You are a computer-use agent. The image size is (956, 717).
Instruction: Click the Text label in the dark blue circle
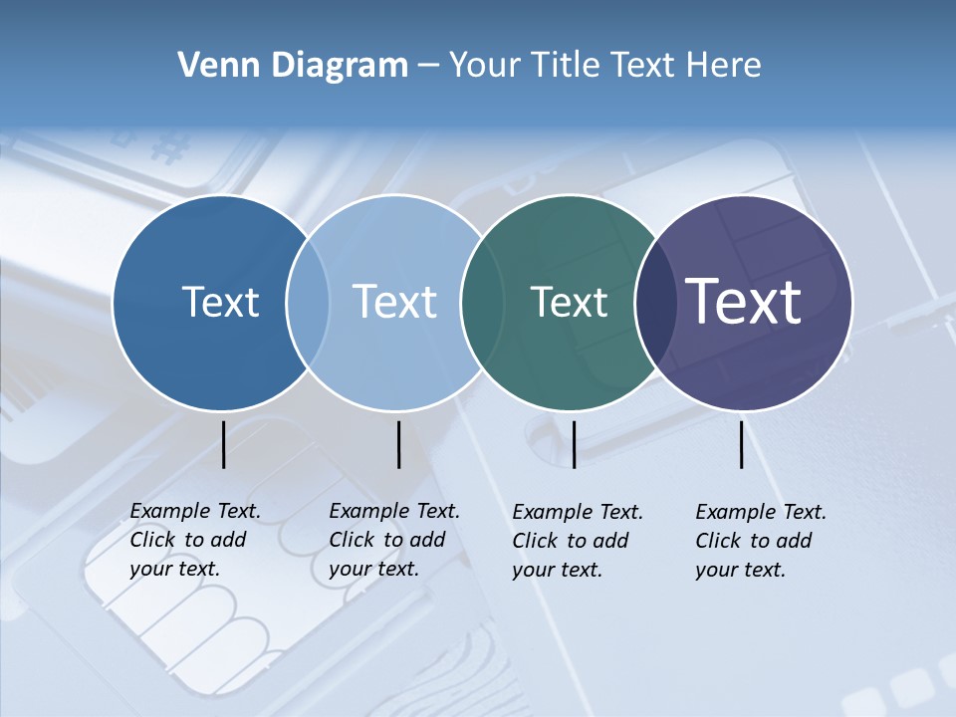pos(220,302)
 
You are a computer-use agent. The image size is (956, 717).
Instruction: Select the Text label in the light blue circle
pos(394,302)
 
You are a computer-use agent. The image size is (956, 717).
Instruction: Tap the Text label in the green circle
pos(569,302)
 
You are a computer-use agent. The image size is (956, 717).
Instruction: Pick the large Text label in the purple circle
pos(744,301)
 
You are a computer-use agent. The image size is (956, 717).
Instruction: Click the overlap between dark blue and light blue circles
pos(308,303)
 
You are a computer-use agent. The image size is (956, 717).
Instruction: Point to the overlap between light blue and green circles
pos(482,303)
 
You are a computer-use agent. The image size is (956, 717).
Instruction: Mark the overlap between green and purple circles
pos(651,303)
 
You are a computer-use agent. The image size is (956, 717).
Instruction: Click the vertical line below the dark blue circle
pos(223,444)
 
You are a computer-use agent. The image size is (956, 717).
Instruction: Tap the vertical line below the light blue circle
pos(398,444)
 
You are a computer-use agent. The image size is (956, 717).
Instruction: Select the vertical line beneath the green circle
pos(574,444)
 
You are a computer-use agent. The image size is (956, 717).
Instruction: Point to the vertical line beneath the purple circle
pos(742,444)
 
